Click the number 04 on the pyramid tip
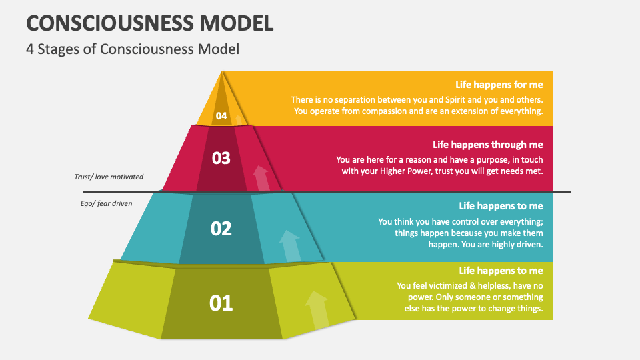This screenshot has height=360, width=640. [221, 116]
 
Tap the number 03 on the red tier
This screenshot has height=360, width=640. [221, 158]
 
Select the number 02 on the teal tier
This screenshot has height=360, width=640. [221, 229]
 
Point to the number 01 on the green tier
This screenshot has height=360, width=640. [221, 303]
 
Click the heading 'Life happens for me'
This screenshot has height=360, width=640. [499, 85]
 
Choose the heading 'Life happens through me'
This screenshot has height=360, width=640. [488, 144]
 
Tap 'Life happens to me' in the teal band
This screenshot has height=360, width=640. [501, 206]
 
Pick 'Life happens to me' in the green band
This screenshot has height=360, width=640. [501, 271]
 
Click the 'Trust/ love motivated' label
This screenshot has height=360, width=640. [109, 177]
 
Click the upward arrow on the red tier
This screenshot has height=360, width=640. [261, 178]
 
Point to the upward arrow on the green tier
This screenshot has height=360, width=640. [317, 309]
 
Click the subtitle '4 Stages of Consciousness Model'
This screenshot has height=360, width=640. [133, 49]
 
